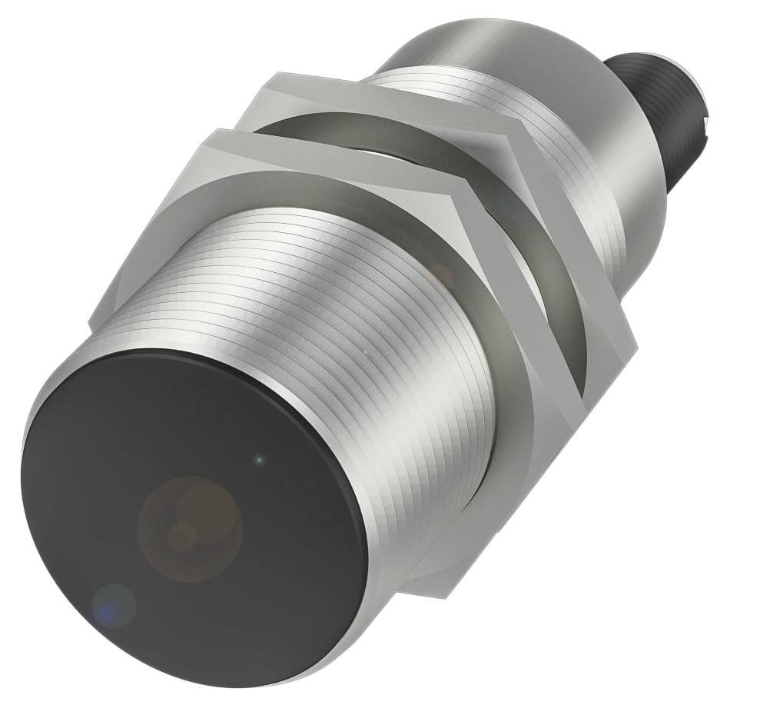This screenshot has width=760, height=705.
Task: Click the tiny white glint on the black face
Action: point(259,461)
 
